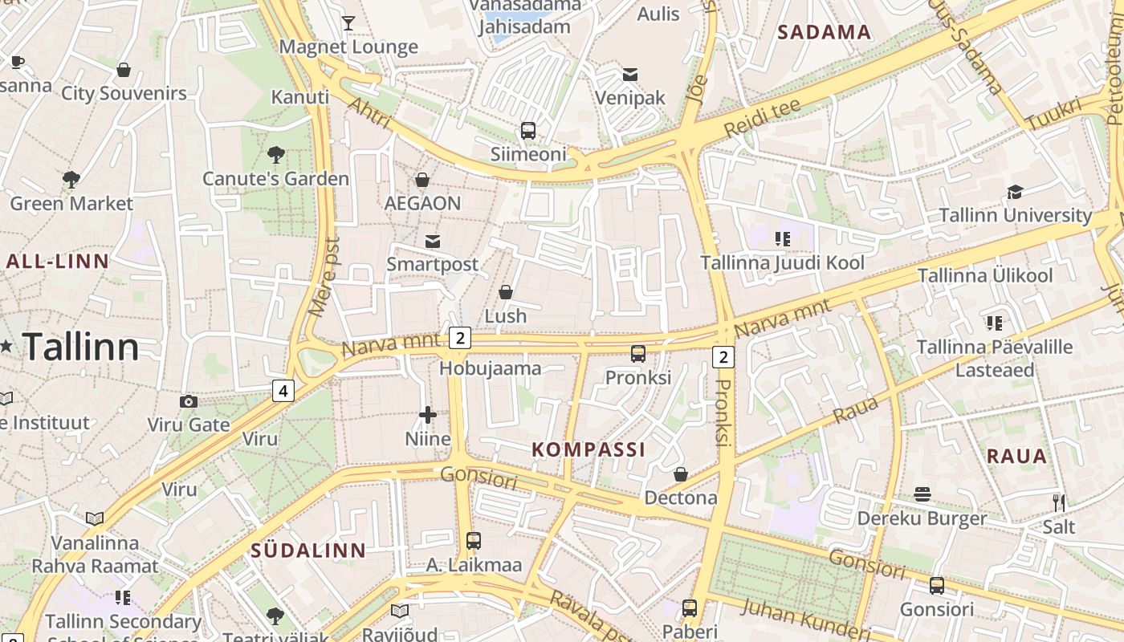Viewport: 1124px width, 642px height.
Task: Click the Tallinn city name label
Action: point(80,347)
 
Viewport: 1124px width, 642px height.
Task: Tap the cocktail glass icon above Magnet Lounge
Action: point(348,22)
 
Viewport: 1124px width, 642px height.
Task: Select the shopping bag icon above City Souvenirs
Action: point(124,70)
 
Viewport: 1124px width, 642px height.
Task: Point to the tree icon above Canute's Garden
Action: point(275,154)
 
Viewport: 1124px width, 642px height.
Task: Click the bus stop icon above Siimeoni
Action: point(528,130)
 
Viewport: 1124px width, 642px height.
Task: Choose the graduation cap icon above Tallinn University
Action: point(1015,192)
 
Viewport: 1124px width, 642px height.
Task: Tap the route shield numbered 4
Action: point(283,391)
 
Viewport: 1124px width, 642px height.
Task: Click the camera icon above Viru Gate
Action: point(189,401)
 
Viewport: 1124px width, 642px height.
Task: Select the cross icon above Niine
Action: point(428,415)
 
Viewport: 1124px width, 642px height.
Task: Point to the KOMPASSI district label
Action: point(588,449)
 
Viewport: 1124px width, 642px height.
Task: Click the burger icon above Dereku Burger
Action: point(922,494)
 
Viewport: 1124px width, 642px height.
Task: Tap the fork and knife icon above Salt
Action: point(1059,503)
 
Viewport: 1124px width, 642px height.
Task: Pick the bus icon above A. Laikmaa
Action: point(474,541)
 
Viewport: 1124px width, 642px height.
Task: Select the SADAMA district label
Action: point(824,32)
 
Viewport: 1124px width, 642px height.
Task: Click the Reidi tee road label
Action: point(762,118)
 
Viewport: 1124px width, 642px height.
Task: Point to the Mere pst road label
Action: point(323,276)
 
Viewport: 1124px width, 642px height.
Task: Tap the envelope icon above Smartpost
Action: point(433,241)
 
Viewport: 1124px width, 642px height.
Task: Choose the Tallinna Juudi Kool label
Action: point(782,263)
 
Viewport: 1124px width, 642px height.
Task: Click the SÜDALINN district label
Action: point(308,551)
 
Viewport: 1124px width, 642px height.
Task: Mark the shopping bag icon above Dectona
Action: point(681,474)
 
